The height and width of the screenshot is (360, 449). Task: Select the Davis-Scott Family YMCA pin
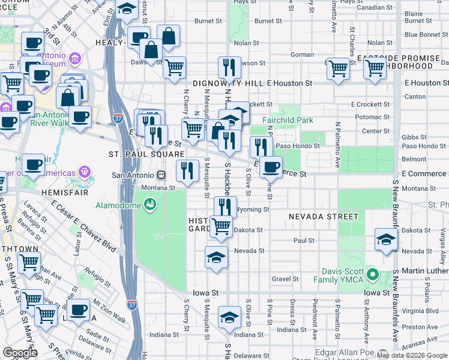(372, 275)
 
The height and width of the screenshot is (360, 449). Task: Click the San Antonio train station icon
(161, 175)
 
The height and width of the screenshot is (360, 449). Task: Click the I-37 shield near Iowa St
(133, 305)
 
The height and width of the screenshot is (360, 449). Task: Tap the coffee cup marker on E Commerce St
(271, 166)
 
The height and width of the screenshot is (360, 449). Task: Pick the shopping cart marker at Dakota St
(221, 226)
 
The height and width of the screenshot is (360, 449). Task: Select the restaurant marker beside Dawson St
(228, 67)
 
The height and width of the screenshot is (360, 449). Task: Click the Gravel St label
(285, 279)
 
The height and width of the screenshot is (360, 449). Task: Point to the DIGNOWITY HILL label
(229, 83)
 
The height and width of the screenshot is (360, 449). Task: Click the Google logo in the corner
(20, 353)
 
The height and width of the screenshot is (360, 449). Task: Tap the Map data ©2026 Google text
(412, 355)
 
